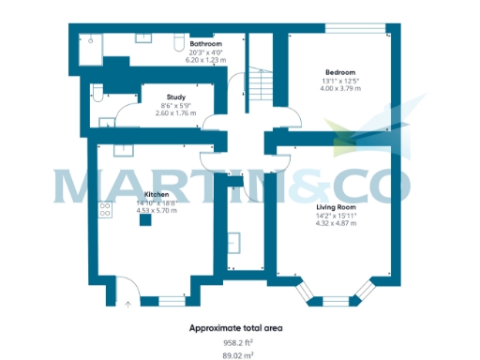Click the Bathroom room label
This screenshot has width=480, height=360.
point(205,44)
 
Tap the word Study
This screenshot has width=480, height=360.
point(175,97)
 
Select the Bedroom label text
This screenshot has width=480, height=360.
point(339,71)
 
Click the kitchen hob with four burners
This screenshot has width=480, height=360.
point(105,209)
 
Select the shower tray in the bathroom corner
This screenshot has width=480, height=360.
point(92,45)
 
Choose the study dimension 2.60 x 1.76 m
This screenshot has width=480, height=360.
point(175,113)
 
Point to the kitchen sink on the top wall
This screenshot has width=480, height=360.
point(121,150)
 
